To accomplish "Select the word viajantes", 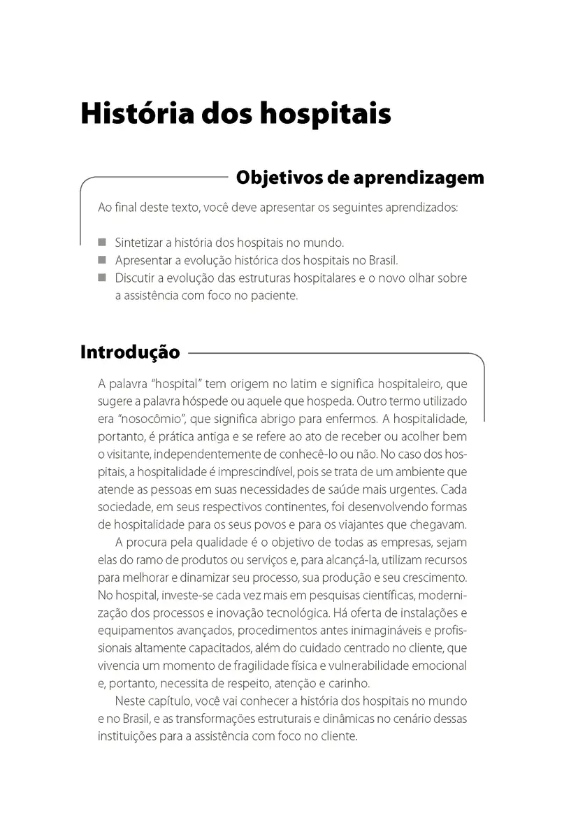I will tap(370, 524).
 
